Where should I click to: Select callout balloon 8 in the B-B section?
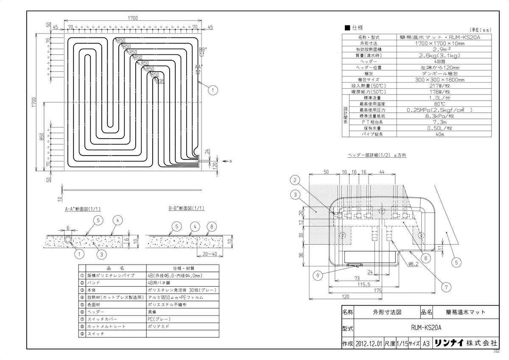(211, 227)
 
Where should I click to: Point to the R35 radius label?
(159, 81)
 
